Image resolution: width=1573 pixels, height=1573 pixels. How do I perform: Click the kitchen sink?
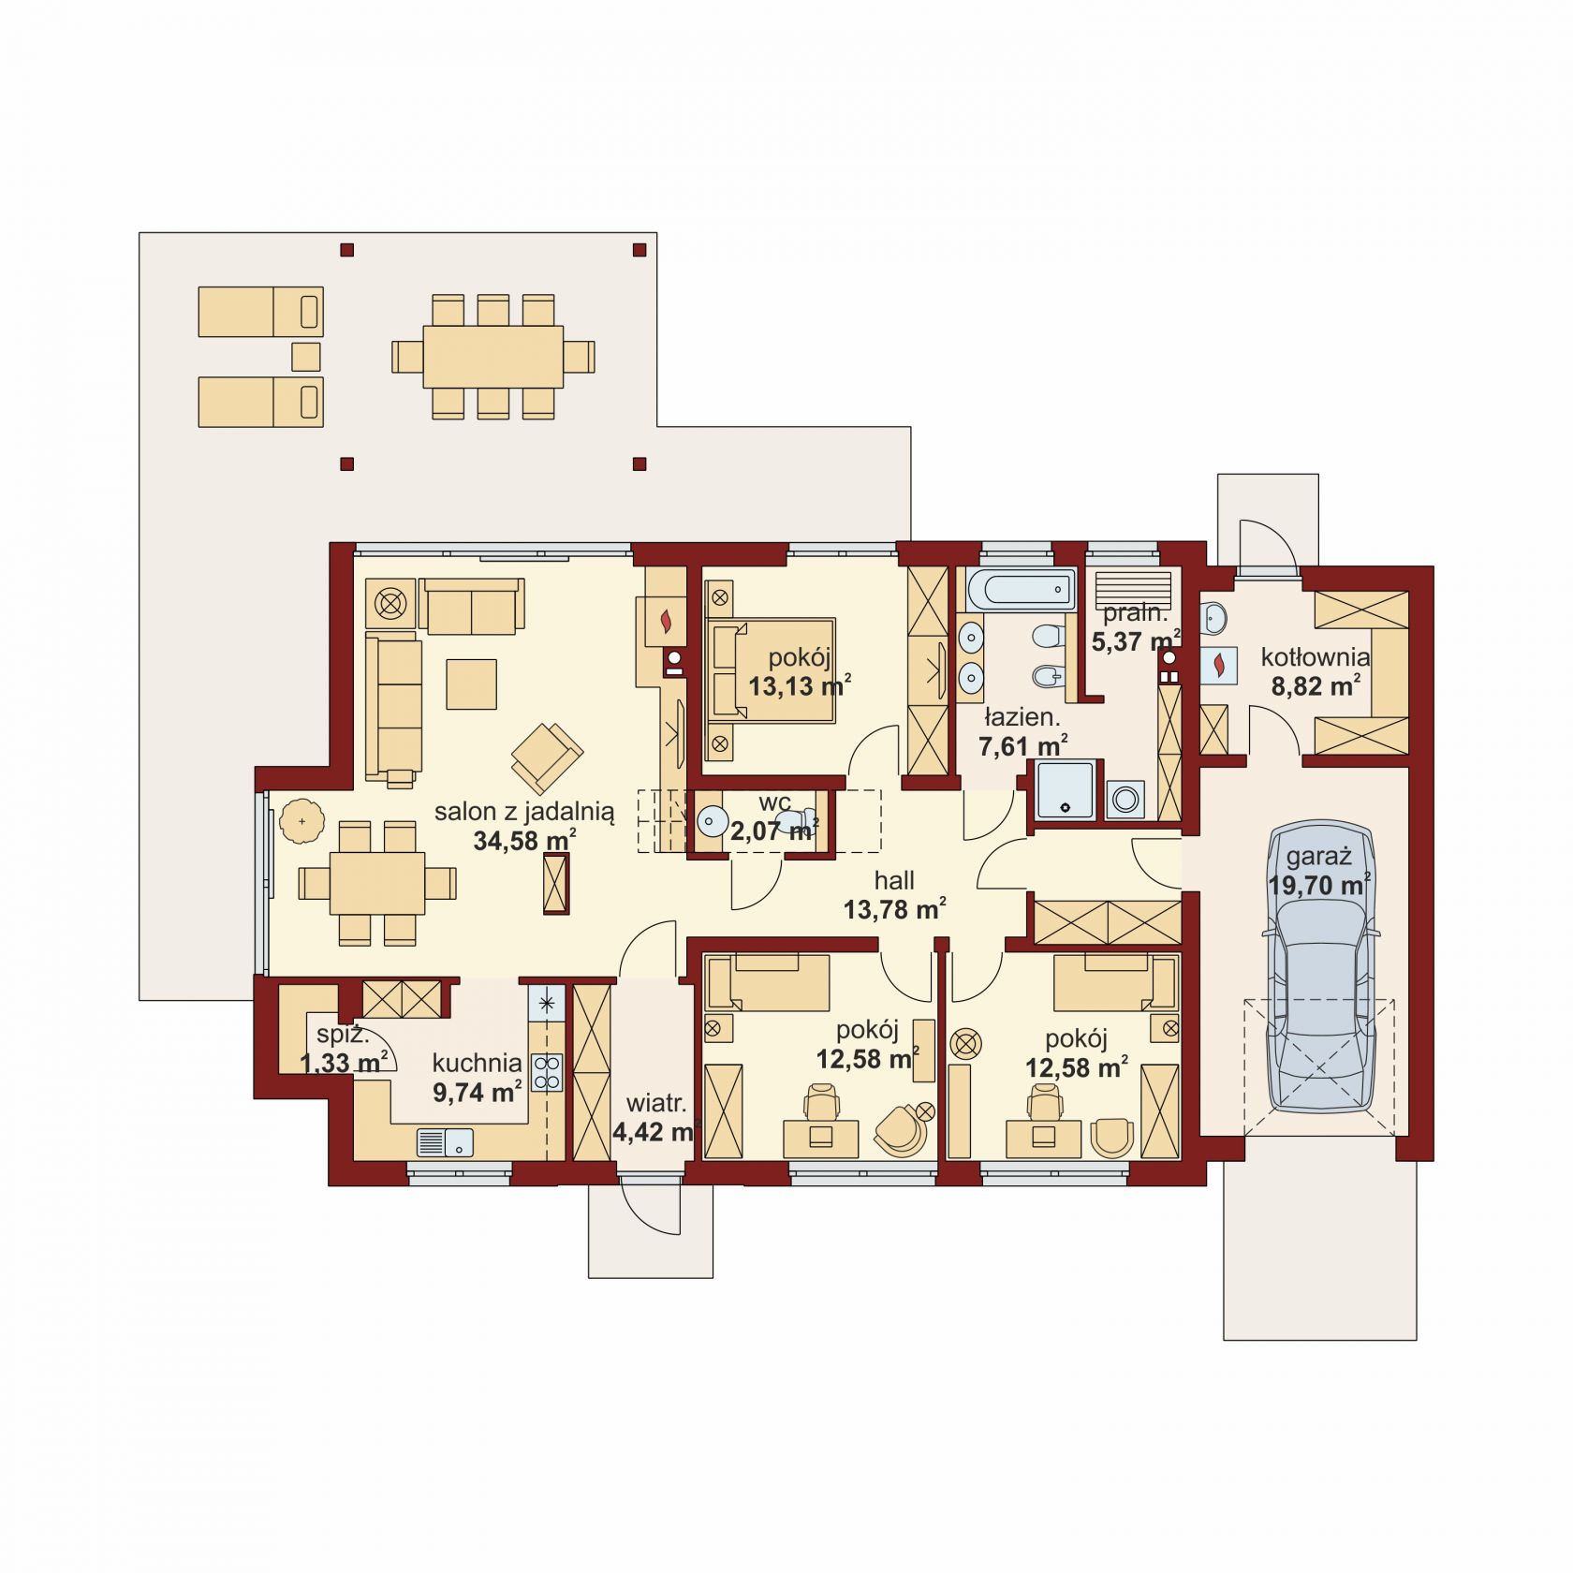coord(445,1143)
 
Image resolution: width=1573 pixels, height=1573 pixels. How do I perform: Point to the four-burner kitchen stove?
coord(547,1072)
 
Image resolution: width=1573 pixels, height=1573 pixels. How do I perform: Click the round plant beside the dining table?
coord(301,822)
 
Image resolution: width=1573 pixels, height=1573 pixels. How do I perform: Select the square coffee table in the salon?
coord(471,684)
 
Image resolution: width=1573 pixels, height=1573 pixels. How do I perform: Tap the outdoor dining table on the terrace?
coord(492,357)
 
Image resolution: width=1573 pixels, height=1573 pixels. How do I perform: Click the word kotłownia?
coord(1316,656)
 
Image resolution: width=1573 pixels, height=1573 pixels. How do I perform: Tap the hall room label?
coord(894,880)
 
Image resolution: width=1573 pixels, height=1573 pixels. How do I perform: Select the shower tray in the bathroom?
coord(1065,790)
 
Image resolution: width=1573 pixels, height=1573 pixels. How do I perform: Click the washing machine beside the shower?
coord(1125,800)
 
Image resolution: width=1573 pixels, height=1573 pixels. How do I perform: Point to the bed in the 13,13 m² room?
coord(771,669)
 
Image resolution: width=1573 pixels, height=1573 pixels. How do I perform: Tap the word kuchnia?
coord(477,1063)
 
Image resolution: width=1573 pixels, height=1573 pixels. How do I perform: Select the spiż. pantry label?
coord(343,1036)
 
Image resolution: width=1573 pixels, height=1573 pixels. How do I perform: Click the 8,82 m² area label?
coord(1316,685)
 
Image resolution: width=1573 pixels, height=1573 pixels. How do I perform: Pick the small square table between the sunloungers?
coord(306,357)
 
